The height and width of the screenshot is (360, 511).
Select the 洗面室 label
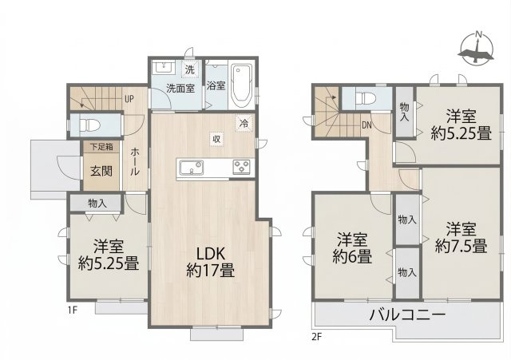click(180, 88)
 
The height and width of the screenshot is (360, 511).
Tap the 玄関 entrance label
click(100, 170)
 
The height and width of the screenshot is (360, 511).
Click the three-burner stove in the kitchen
click(242, 166)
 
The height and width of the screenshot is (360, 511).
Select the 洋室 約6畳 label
click(352, 248)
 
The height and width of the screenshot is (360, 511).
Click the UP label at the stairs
click(129, 99)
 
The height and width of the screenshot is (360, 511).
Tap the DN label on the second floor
click(366, 125)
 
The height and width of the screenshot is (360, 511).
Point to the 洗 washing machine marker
click(190, 69)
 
